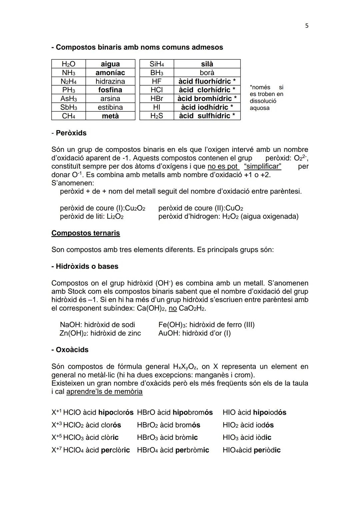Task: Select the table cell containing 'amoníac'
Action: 110,73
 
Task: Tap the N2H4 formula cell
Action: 68,81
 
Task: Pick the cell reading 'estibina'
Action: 110,107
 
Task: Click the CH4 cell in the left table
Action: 68,116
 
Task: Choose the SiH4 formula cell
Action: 157,64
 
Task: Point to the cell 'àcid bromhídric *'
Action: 207,99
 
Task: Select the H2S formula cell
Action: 157,116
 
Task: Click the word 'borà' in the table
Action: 207,73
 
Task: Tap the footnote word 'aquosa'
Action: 259,108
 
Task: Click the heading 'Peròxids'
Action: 71,133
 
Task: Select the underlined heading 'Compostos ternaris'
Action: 85,233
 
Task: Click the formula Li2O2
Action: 115,217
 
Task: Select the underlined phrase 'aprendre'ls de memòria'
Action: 104,392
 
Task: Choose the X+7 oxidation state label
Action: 56,450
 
